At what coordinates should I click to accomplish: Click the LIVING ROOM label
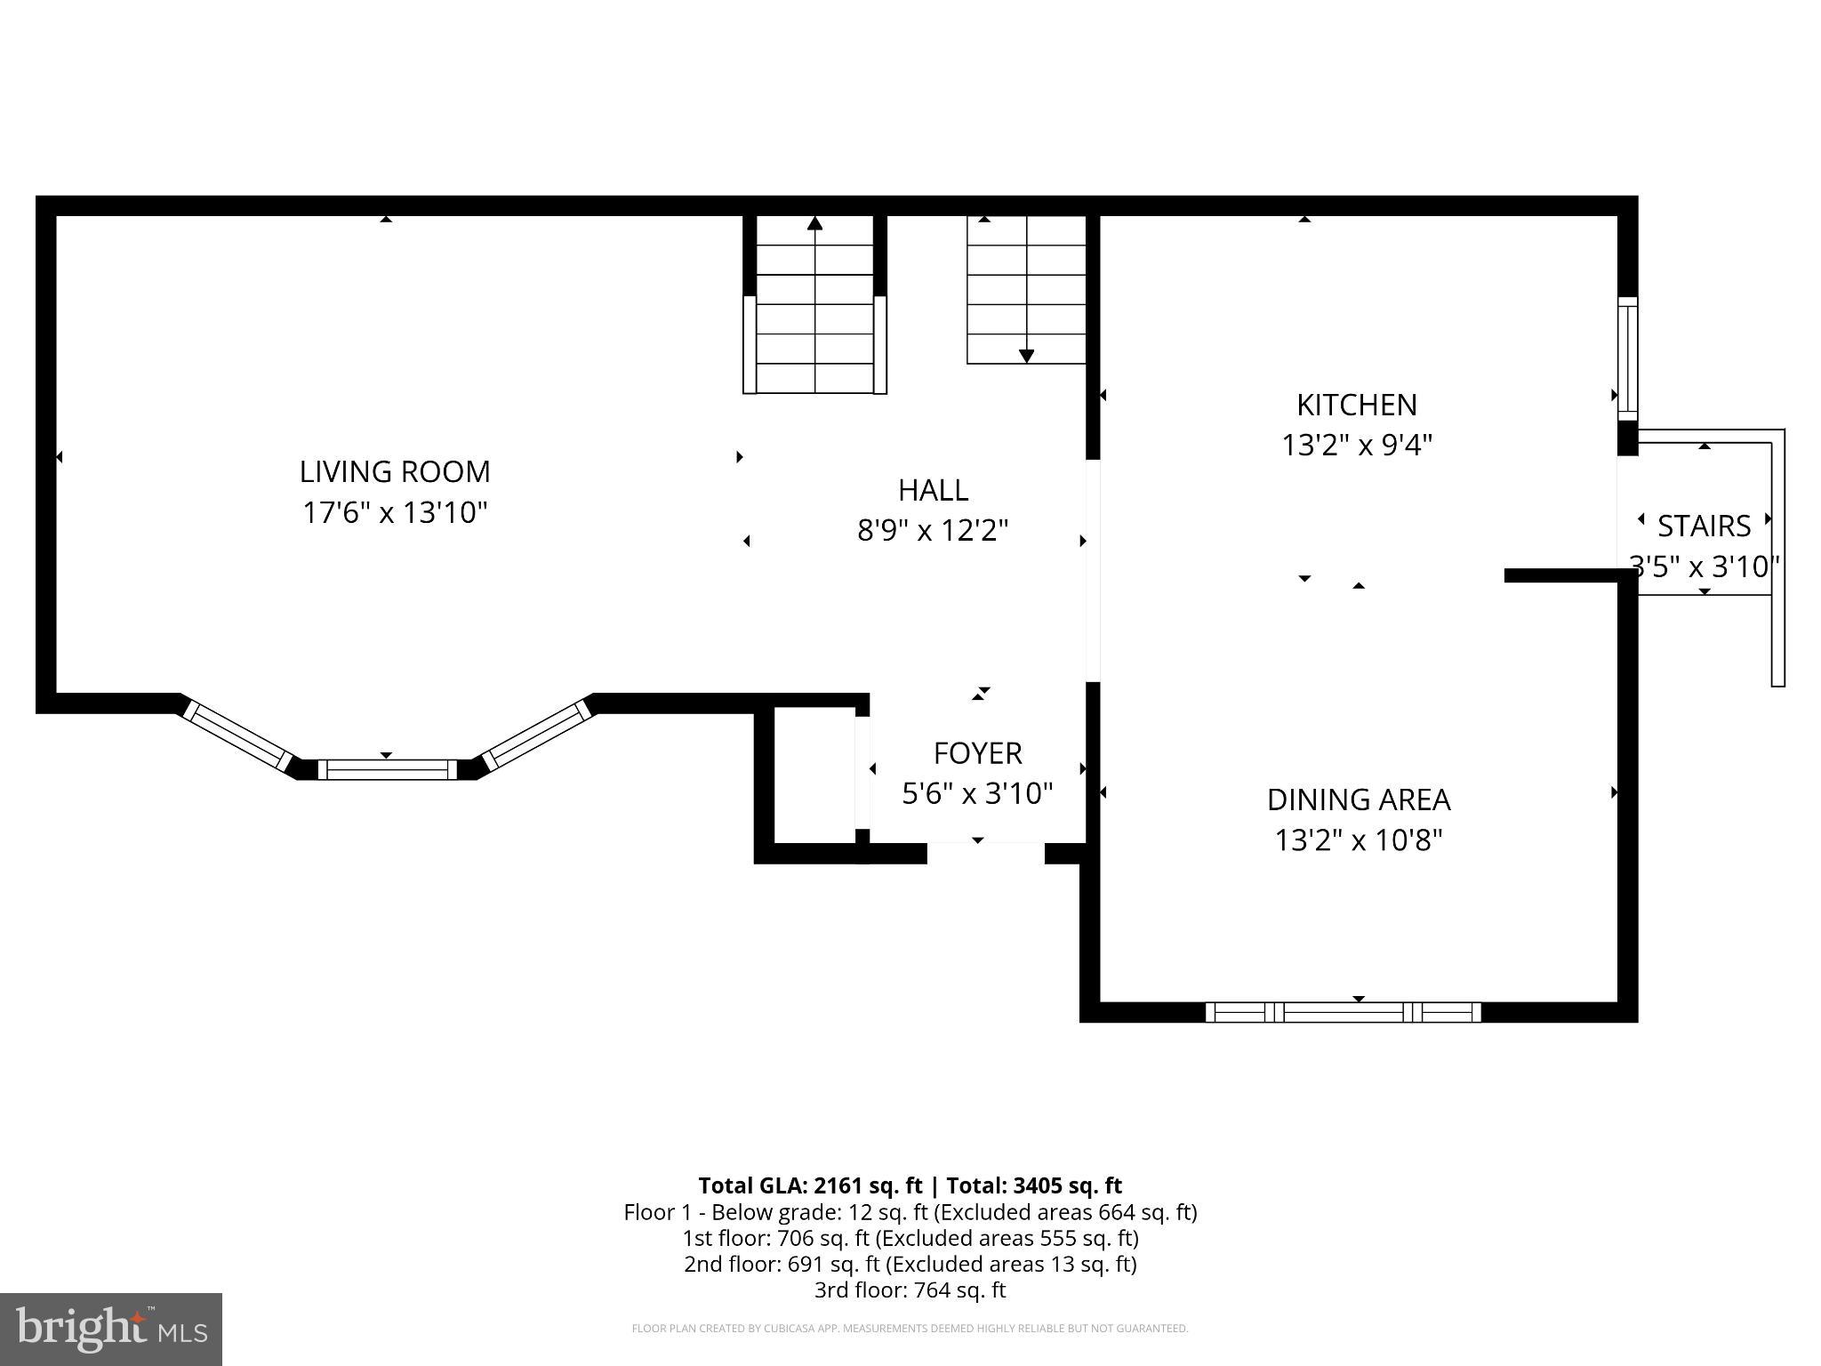pyautogui.click(x=394, y=471)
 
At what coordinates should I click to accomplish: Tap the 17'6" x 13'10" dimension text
pyautogui.click(x=395, y=513)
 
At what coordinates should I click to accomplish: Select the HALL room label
pyautogui.click(x=933, y=490)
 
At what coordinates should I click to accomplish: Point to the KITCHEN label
pyautogui.click(x=1356, y=406)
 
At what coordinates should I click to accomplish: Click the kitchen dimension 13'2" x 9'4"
pyautogui.click(x=1356, y=445)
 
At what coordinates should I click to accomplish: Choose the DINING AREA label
pyautogui.click(x=1358, y=800)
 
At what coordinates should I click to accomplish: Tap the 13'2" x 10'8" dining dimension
pyautogui.click(x=1358, y=840)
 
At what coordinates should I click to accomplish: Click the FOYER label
pyautogui.click(x=977, y=754)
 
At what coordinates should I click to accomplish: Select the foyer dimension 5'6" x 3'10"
pyautogui.click(x=977, y=793)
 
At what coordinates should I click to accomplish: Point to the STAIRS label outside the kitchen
pyautogui.click(x=1704, y=526)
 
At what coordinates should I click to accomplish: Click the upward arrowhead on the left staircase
pyautogui.click(x=814, y=223)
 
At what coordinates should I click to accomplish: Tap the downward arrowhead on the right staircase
pyautogui.click(x=1026, y=356)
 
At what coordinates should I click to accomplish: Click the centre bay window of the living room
pyautogui.click(x=387, y=769)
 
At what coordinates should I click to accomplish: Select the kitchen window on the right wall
pyautogui.click(x=1627, y=358)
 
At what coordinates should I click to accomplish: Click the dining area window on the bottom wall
pyautogui.click(x=1343, y=1012)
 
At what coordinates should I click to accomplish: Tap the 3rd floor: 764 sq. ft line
pyautogui.click(x=910, y=1290)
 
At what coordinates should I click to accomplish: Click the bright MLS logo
pyautogui.click(x=111, y=1329)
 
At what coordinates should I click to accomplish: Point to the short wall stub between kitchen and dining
pyautogui.click(x=1561, y=576)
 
